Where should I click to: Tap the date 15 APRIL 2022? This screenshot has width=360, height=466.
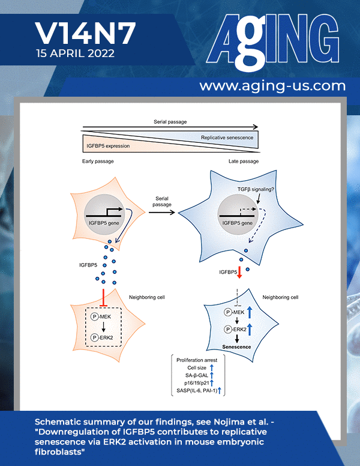pos(75,53)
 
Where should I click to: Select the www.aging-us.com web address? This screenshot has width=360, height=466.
pos(272,86)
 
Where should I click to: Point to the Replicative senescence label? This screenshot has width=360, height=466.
pos(227,138)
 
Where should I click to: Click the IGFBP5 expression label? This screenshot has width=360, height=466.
pos(108,146)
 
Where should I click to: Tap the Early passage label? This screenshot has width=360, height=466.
pos(98,161)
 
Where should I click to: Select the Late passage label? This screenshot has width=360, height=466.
pos(244,161)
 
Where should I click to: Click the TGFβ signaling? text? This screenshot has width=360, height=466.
pos(256,189)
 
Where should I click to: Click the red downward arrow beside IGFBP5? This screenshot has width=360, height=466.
pos(239,272)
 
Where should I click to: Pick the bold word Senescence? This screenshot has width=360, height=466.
pos(236,347)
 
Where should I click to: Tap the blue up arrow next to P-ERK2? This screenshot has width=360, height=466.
pos(250,329)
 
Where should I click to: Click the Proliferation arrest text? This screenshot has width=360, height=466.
pos(197,360)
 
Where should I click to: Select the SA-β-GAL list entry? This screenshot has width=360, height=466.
pos(197,375)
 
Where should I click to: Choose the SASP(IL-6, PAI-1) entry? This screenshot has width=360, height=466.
pos(197,390)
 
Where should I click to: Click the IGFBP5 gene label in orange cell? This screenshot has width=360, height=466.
pos(104,223)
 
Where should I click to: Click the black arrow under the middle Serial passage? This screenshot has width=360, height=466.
pos(162,212)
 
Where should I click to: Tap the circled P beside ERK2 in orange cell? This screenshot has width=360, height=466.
pos(94,337)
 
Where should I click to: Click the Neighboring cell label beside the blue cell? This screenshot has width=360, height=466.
pos(280,297)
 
